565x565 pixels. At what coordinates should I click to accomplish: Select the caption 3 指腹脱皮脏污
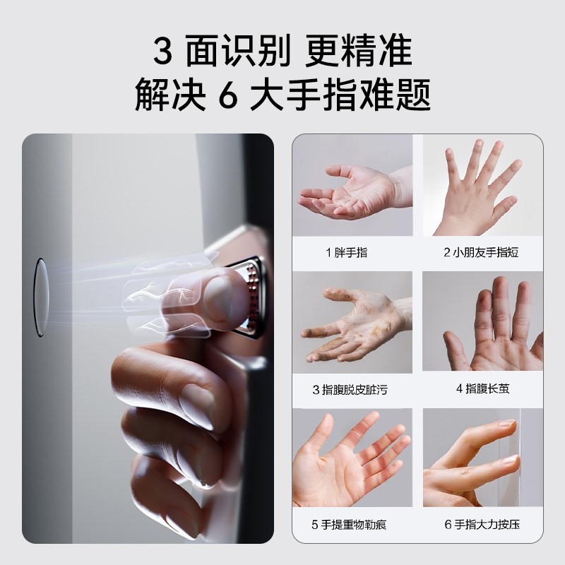(x=350, y=389)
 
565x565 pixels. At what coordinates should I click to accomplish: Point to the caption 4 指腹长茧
(x=482, y=388)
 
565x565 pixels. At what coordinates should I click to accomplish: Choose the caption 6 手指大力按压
(x=482, y=525)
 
